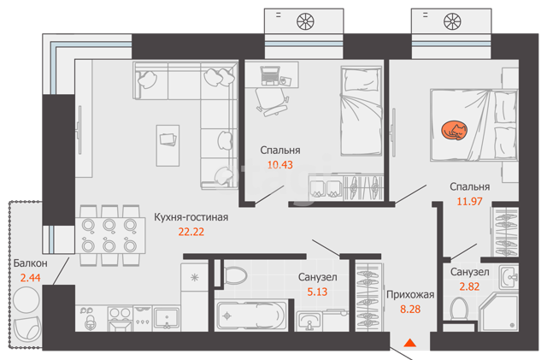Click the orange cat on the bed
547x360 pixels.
point(454,131)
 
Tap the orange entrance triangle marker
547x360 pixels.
point(410,343)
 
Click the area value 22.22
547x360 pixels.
point(191,232)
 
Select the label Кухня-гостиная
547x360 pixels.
point(191,217)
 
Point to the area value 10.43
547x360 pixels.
point(280,165)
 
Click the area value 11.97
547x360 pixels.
point(469,202)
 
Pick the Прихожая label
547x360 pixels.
point(410,295)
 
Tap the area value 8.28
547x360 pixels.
point(410,310)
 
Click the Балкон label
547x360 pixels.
point(31,263)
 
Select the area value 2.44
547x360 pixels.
point(31,278)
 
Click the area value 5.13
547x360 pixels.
point(317,292)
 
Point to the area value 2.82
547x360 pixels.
point(469,286)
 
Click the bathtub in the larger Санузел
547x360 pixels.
point(251,316)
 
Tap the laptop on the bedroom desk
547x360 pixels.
point(270,75)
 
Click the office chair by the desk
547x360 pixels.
point(272,102)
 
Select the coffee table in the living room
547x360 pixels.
point(168,145)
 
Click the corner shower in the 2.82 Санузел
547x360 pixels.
point(499,312)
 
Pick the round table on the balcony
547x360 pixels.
point(26,299)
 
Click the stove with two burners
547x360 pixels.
point(120,318)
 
